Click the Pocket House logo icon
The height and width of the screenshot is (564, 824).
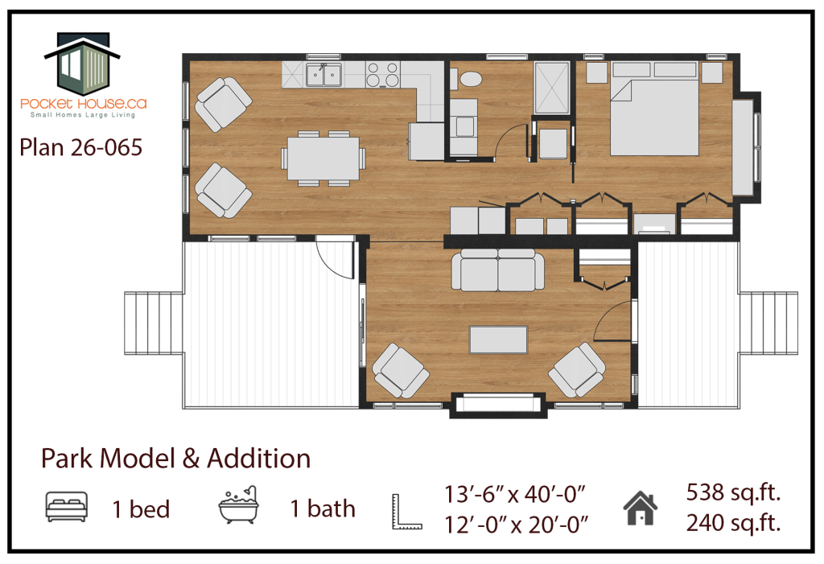[x=83, y=63]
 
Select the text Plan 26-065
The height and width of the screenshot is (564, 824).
[x=81, y=148]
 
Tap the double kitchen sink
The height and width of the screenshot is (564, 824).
[x=323, y=75]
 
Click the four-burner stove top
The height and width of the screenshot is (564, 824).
[x=382, y=74]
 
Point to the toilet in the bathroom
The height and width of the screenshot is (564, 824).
[x=468, y=80]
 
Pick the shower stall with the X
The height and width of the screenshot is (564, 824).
[x=552, y=87]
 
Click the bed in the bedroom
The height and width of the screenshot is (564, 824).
[x=654, y=109]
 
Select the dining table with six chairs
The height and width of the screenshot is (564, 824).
[x=323, y=158]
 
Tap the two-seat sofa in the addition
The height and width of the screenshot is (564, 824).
[x=497, y=270]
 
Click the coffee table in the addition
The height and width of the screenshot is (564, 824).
[x=498, y=340]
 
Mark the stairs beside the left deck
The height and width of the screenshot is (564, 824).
[x=154, y=323]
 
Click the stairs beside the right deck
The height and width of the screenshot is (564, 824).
[x=768, y=323]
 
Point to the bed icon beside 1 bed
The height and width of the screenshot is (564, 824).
[x=66, y=507]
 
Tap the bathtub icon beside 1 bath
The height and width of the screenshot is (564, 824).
[x=238, y=504]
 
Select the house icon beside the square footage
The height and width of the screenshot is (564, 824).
[x=640, y=508]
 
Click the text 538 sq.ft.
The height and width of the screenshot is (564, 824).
[x=733, y=492]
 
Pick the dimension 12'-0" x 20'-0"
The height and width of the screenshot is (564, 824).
[x=516, y=525]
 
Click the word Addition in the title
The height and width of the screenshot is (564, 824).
[x=258, y=459]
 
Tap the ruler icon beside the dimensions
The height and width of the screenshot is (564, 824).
[x=406, y=511]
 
